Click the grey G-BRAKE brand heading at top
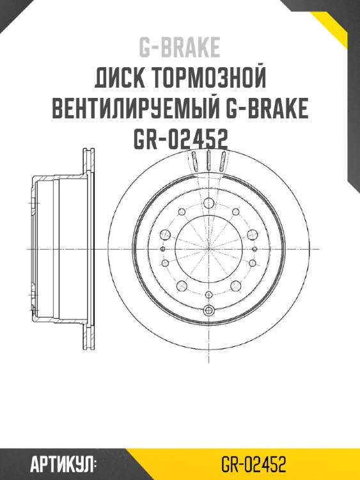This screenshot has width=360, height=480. click(180, 47)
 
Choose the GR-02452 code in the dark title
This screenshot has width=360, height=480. click(180, 139)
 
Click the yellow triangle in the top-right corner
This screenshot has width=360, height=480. click(342, 26)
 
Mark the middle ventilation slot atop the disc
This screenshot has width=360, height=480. click(209, 159)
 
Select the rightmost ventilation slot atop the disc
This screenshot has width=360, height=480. click(222, 161)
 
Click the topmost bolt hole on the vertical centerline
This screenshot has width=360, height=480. click(208, 204)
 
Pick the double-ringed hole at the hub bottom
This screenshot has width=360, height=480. click(208, 311)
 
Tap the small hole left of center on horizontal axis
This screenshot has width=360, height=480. click(163, 248)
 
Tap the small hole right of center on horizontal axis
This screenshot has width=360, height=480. click(254, 248)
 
